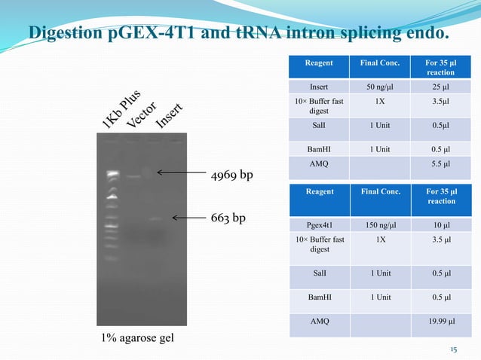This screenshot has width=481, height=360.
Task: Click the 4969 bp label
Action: point(232,175)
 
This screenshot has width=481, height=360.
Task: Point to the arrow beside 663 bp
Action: point(189,218)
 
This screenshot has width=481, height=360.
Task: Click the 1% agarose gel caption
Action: point(137,337)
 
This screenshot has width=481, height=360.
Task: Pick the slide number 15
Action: point(453,349)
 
